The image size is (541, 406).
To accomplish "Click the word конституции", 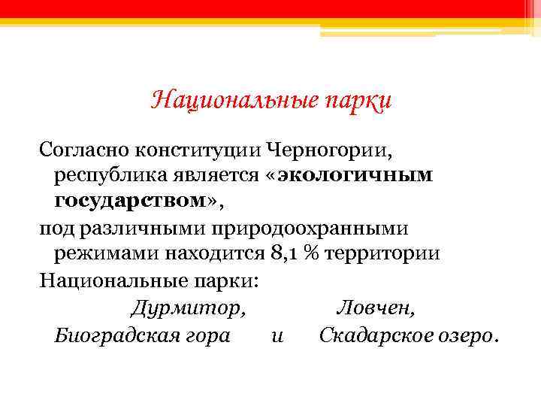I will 198,147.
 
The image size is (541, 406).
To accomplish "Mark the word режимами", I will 96,254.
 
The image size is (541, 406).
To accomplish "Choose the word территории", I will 382,254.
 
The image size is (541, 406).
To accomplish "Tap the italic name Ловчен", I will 375,308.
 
